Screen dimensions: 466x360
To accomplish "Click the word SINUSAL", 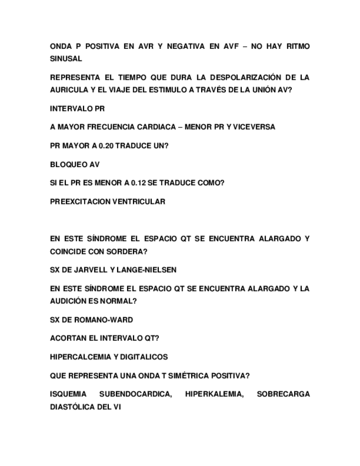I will click(x=65, y=58).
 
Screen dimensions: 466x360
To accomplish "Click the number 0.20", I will click(x=108, y=146).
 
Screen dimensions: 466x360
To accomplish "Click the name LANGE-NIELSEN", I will click(x=148, y=270).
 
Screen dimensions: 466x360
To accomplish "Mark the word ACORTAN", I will click(x=67, y=338).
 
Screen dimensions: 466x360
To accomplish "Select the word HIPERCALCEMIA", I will click(x=80, y=357).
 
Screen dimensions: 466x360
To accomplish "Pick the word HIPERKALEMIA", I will click(x=214, y=394).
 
